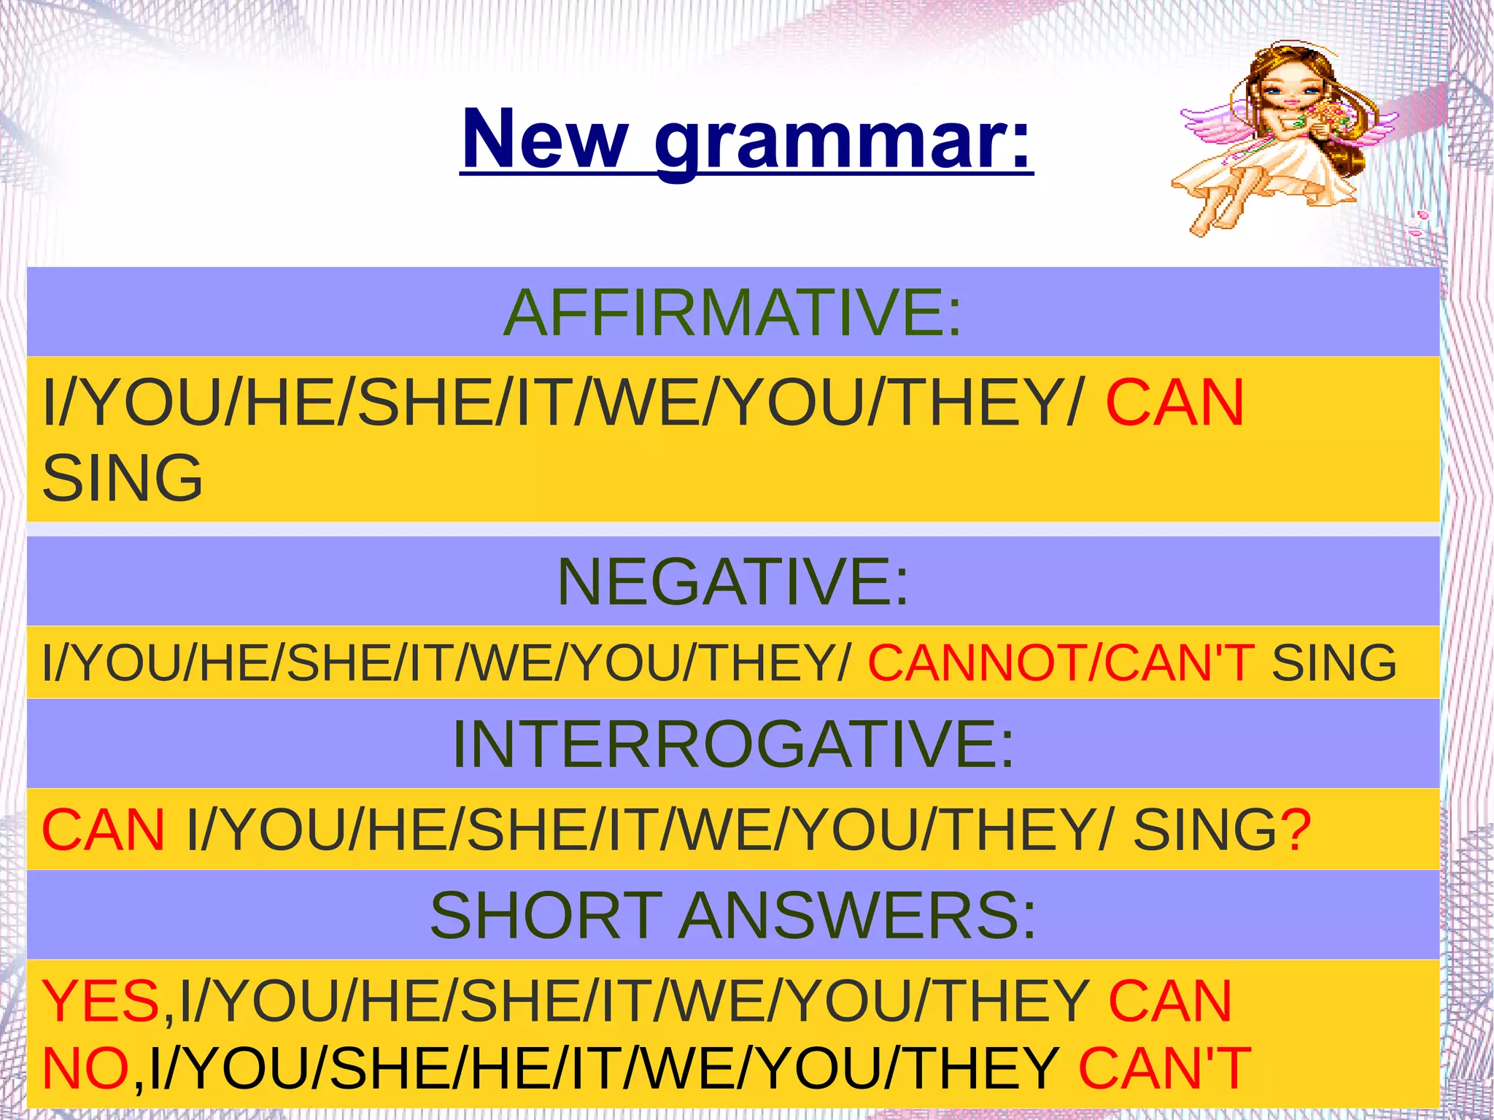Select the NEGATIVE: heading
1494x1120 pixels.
(x=732, y=582)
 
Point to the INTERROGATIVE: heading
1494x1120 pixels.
(x=732, y=744)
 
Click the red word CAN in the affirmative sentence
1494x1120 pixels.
(x=1174, y=403)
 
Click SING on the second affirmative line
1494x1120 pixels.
(x=123, y=478)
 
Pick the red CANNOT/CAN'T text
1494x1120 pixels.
(x=1061, y=663)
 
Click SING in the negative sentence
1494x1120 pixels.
(x=1334, y=663)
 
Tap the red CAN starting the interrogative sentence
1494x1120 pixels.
(x=104, y=830)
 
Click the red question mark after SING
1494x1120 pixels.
(x=1296, y=830)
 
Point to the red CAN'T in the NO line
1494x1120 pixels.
(x=1164, y=1068)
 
